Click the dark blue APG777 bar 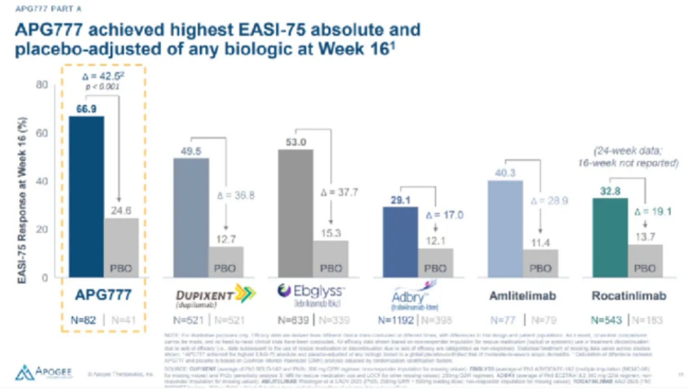click(86, 197)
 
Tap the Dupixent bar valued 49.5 click(191, 217)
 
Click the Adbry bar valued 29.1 click(400, 242)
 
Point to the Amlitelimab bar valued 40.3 click(505, 229)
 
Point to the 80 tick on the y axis click(43, 85)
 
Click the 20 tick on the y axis click(43, 229)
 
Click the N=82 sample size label click(84, 320)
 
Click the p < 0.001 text click(103, 87)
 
